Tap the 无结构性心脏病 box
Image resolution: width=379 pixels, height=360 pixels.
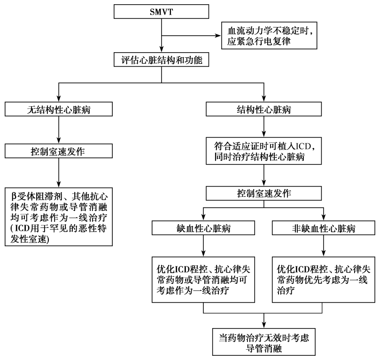click(59, 110)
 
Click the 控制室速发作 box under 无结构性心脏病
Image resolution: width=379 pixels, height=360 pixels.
click(59, 151)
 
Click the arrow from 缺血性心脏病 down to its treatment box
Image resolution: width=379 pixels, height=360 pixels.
click(202, 247)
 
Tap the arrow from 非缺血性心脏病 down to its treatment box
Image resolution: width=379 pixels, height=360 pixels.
click(323, 247)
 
